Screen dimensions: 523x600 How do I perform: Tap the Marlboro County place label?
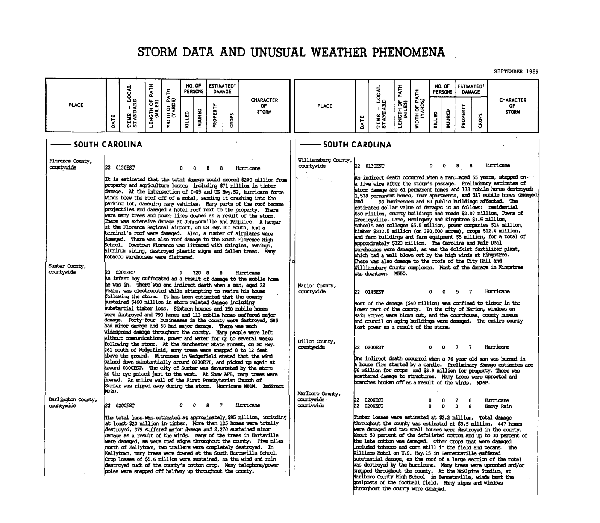(x=319, y=394)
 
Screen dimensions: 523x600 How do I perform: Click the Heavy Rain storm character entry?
(x=498, y=406)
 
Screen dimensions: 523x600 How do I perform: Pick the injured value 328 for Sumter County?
(x=197, y=273)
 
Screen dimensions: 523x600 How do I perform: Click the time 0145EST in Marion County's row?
(x=374, y=291)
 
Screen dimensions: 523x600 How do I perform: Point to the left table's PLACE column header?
(x=76, y=105)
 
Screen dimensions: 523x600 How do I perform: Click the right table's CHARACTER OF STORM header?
(x=512, y=106)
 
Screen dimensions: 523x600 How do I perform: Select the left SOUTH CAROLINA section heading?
(x=108, y=144)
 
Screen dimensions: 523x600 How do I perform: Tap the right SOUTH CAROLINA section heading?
(x=357, y=144)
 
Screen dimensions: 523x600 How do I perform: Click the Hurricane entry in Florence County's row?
(x=248, y=168)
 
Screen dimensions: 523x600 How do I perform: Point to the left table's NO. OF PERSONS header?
(x=194, y=89)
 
